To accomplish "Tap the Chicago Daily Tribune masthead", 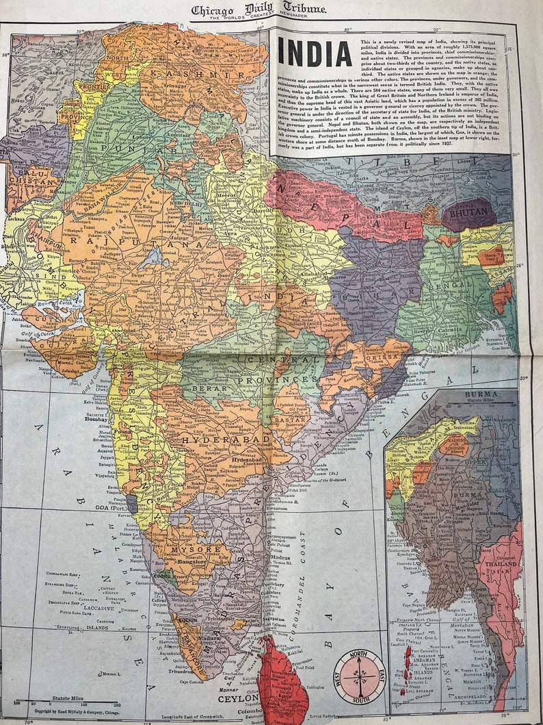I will [258, 10].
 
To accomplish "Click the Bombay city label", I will [96, 418].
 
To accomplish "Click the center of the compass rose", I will [360, 676].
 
